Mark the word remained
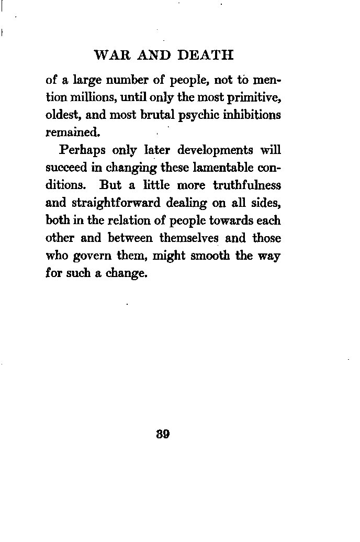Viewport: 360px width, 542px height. [x=69, y=132]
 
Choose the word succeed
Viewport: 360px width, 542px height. [x=64, y=168]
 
